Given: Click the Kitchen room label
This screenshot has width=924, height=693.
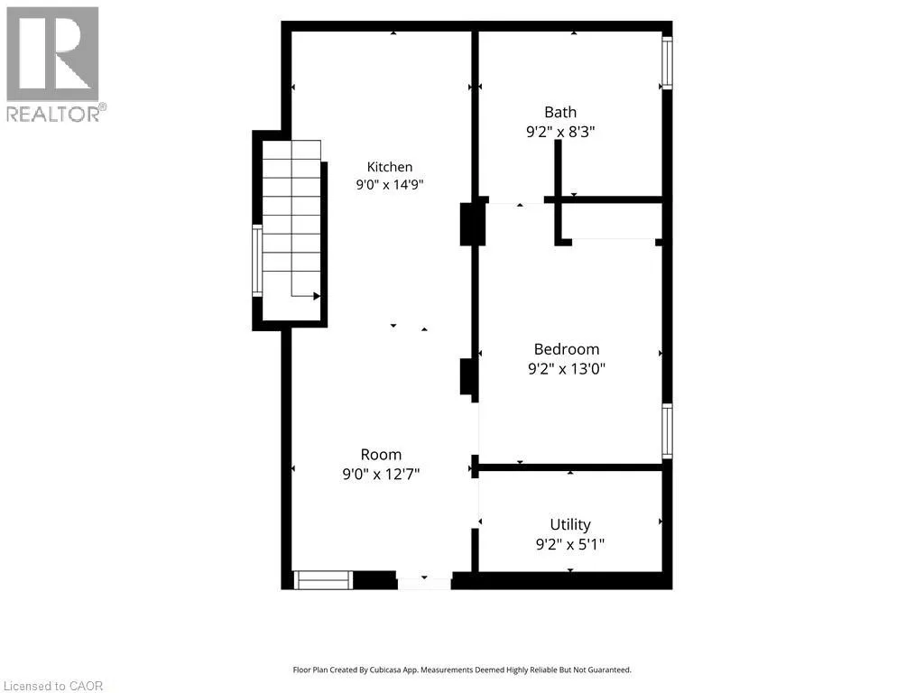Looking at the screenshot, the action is click(x=390, y=167).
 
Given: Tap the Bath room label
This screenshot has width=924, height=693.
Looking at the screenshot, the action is click(x=560, y=112).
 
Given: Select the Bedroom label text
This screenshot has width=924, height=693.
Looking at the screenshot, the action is click(x=567, y=349).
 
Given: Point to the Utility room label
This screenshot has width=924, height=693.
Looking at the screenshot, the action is click(x=570, y=524).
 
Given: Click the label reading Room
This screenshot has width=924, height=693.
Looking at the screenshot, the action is click(x=382, y=455).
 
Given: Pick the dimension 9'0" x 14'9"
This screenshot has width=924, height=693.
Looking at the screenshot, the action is click(x=390, y=184).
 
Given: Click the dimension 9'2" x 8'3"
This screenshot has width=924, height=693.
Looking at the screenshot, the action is click(x=560, y=132).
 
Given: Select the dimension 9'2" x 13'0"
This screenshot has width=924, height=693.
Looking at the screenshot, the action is click(x=567, y=369).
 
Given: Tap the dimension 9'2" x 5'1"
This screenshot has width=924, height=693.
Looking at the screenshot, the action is click(x=570, y=544).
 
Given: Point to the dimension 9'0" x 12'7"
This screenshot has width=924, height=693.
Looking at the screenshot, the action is click(x=382, y=474).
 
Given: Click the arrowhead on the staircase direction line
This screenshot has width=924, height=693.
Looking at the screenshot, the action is click(x=317, y=296).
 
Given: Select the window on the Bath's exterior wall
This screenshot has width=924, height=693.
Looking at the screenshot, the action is click(x=667, y=63).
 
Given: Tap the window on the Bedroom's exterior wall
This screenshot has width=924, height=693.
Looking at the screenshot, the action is click(x=667, y=431).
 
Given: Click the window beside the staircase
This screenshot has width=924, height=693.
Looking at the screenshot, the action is click(x=257, y=261).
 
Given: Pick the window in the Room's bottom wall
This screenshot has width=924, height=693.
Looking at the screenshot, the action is click(x=324, y=580).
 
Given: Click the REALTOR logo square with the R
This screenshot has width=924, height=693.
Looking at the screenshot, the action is click(x=52, y=54).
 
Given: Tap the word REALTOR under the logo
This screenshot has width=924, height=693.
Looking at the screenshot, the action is click(x=53, y=115).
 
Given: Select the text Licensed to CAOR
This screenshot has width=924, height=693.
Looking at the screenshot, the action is click(x=53, y=686).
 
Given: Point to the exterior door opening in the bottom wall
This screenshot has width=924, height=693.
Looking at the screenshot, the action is click(x=424, y=580).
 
